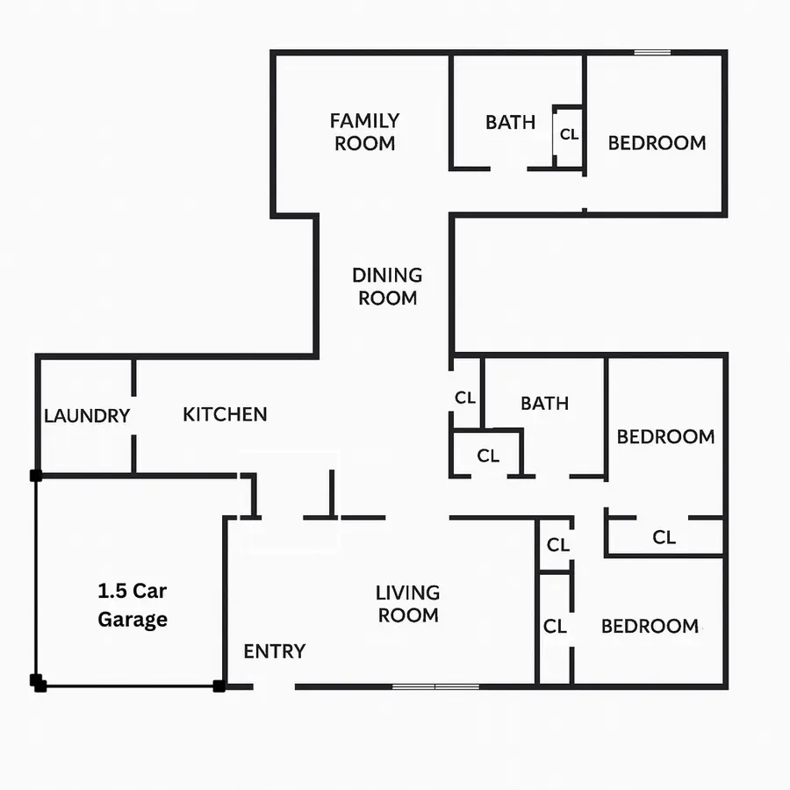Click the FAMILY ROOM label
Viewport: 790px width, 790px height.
pyautogui.click(x=364, y=132)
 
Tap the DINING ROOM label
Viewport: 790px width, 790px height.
pyautogui.click(x=387, y=286)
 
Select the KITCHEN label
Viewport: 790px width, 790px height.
pyautogui.click(x=225, y=414)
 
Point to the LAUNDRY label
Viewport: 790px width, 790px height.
pyautogui.click(x=87, y=416)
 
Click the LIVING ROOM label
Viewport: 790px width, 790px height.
pyautogui.click(x=408, y=604)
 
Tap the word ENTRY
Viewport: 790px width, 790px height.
pyautogui.click(x=275, y=651)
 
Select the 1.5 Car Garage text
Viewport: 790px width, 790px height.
pyautogui.click(x=132, y=606)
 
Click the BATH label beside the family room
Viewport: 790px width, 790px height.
pyautogui.click(x=510, y=122)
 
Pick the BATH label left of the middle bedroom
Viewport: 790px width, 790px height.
pyautogui.click(x=544, y=404)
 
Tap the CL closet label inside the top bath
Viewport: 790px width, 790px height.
pyautogui.click(x=570, y=134)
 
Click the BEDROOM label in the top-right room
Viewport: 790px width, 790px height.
pyautogui.click(x=657, y=143)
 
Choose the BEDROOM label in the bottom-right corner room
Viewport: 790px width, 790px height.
pyautogui.click(x=650, y=626)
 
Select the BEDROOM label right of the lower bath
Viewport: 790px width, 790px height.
pyautogui.click(x=665, y=436)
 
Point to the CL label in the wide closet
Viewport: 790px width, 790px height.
pyautogui.click(x=664, y=537)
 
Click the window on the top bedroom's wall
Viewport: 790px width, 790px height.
pyautogui.click(x=652, y=53)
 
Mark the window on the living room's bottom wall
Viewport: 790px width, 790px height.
pyautogui.click(x=435, y=686)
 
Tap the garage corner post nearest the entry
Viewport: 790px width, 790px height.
pyautogui.click(x=219, y=686)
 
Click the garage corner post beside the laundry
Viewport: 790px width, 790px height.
pyautogui.click(x=36, y=476)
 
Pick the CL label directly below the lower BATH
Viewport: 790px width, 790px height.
pyautogui.click(x=488, y=456)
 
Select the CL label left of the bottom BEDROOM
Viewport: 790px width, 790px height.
pyautogui.click(x=555, y=627)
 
